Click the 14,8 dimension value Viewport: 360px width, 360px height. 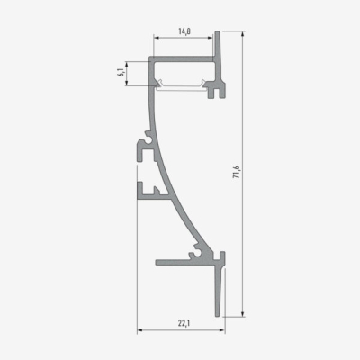point(183,31)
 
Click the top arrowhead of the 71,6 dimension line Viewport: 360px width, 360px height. point(243,34)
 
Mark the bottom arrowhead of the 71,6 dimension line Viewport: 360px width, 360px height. point(243,314)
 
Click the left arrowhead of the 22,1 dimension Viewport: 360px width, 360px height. point(140,329)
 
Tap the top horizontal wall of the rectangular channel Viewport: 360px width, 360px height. point(182,61)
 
